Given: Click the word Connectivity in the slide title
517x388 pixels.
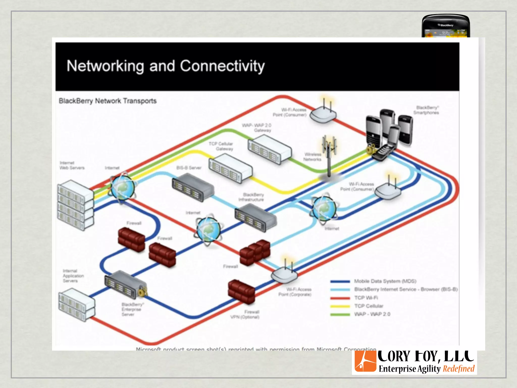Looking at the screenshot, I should [x=222, y=66].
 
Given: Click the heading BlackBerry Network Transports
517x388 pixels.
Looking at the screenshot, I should [x=108, y=101].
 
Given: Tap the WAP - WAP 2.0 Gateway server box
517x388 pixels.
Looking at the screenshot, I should [x=269, y=149].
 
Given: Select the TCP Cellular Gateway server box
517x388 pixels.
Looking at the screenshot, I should [x=230, y=168].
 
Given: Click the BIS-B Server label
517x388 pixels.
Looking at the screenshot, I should [x=189, y=168].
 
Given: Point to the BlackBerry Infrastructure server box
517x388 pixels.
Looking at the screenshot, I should [x=255, y=218].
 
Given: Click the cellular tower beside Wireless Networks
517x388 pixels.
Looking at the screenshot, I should [x=329, y=157].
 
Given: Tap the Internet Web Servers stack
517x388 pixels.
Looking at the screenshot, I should [x=75, y=205].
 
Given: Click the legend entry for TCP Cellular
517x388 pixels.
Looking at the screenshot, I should [x=369, y=306].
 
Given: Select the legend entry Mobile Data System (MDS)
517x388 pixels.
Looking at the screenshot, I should [x=385, y=281].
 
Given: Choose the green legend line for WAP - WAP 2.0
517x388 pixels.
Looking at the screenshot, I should [x=340, y=314].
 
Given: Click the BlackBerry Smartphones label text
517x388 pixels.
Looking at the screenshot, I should [x=426, y=110].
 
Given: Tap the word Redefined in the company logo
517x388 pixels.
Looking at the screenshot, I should [x=458, y=369].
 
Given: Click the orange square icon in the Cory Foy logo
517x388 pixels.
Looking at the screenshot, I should [x=365, y=361].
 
